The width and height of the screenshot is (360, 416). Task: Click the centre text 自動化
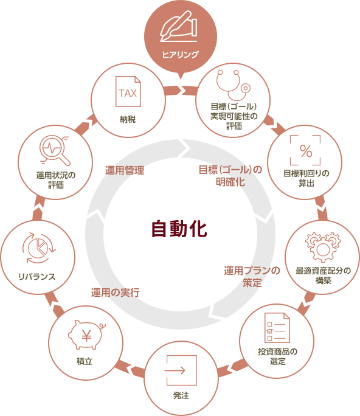[x=179, y=229]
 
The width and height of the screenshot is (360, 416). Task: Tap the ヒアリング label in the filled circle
[x=181, y=54]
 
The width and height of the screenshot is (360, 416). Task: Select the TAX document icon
[x=128, y=91]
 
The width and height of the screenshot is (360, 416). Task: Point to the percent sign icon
[x=306, y=151]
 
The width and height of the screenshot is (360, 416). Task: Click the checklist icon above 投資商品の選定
[x=277, y=328]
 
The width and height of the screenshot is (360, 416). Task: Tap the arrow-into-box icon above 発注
[x=181, y=370]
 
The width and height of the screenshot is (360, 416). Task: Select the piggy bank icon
[x=87, y=335]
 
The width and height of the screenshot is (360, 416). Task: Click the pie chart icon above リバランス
[x=39, y=248]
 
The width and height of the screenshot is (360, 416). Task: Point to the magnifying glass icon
[x=55, y=150]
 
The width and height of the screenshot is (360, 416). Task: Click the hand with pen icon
[x=179, y=26]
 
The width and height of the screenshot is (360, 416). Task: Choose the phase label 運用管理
[x=125, y=170]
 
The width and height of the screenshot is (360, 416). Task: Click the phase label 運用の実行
[x=116, y=293]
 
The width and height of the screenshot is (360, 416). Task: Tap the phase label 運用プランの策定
[x=252, y=277]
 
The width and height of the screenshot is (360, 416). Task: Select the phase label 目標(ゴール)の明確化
[x=230, y=176]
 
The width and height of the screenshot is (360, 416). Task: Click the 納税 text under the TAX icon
[x=128, y=119]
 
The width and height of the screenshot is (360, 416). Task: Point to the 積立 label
[x=85, y=361]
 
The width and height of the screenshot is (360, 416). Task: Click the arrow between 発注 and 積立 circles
[x=131, y=368]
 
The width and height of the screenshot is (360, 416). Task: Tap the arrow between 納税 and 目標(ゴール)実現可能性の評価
[x=181, y=91]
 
